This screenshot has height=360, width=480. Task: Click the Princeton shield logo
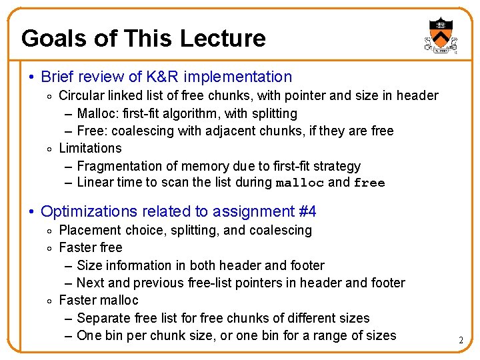439,35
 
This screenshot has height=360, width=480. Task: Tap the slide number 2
461,341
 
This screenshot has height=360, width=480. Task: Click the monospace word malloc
300,183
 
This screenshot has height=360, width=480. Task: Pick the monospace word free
369,183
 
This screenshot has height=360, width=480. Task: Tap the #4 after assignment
306,212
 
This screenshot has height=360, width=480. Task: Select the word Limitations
91,148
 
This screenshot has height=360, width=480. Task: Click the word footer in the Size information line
306,265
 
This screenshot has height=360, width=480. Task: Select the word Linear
95,183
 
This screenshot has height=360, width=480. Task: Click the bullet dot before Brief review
31,78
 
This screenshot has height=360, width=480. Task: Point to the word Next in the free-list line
90,283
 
